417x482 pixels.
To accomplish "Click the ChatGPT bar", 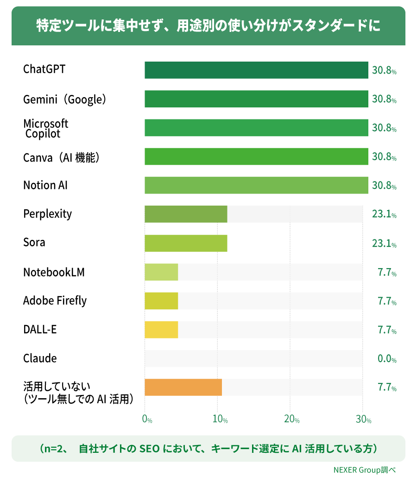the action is (257, 70).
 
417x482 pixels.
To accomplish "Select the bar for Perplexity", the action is (186, 214).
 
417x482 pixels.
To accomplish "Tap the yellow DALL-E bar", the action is (161, 330).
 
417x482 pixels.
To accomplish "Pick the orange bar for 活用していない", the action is (183, 388).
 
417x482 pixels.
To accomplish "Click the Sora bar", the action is (186, 243).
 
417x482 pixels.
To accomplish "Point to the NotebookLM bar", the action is (161, 272).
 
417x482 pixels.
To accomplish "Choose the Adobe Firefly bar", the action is (161, 301).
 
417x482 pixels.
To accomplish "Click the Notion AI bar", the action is (257, 185).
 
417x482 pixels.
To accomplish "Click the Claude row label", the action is (40, 358).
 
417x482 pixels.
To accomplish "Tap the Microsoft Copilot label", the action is (45, 129).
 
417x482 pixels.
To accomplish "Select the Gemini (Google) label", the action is (65, 100).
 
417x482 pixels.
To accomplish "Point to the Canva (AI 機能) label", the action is (62, 158).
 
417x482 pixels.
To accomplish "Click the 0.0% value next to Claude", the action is (387, 358).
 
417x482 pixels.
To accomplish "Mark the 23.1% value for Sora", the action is (385, 244).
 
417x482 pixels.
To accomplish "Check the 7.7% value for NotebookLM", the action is (387, 272).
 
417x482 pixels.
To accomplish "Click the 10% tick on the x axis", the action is (220, 419).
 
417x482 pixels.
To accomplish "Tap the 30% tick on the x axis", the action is (364, 419).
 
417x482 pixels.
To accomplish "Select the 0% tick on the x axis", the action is (147, 419).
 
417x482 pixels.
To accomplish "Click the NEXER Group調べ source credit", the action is (365, 470).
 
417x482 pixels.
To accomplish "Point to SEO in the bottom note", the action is (150, 449).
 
